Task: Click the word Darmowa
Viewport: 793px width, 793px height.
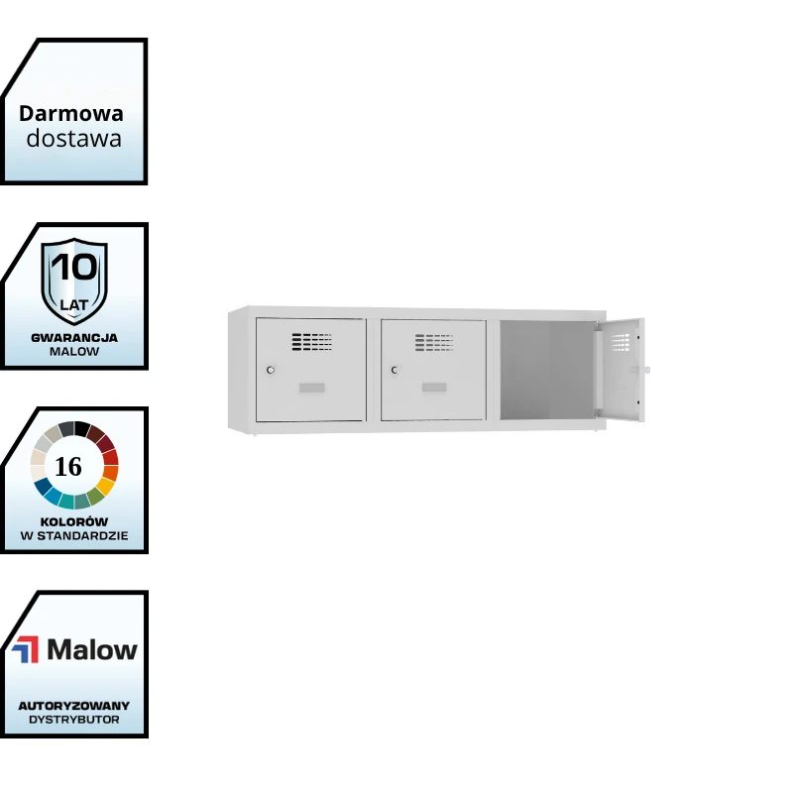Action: click(x=71, y=113)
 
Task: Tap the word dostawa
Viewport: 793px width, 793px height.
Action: click(x=73, y=139)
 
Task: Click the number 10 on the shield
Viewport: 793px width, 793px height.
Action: click(x=74, y=268)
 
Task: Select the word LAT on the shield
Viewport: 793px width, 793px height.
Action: click(x=74, y=305)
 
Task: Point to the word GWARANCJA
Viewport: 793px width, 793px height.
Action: click(x=74, y=337)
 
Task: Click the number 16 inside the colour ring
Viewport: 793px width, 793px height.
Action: click(x=68, y=467)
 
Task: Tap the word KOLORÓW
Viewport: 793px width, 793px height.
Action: click(x=74, y=521)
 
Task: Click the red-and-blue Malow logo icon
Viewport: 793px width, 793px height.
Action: click(x=26, y=650)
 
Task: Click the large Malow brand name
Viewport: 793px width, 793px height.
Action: click(x=92, y=650)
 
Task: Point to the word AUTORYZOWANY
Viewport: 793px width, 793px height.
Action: click(x=74, y=706)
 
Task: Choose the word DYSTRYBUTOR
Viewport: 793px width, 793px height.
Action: click(x=74, y=720)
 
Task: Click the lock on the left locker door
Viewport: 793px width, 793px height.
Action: click(x=270, y=370)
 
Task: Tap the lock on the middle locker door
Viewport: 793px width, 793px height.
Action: click(x=394, y=370)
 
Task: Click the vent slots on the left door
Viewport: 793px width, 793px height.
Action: click(x=311, y=342)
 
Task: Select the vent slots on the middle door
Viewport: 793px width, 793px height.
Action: click(x=435, y=342)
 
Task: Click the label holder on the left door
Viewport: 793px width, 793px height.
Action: click(x=311, y=387)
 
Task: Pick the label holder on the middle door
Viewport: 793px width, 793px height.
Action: click(x=435, y=387)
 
